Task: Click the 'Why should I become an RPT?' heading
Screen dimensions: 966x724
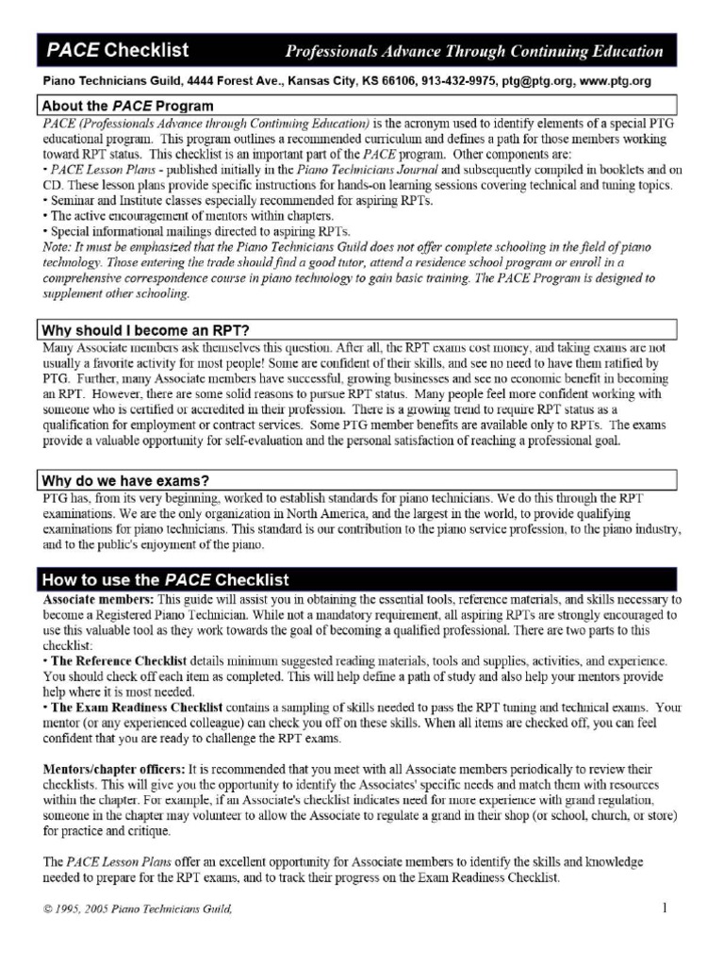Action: [144, 330]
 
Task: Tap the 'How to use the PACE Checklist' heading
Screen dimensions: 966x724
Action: [165, 579]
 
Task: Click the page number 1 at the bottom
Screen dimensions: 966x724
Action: [664, 908]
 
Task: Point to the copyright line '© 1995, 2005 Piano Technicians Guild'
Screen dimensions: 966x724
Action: [137, 909]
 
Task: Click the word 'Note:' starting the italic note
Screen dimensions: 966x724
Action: [56, 247]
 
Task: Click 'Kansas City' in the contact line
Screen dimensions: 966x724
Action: [325, 83]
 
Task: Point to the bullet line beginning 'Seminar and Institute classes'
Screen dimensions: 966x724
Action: [226, 200]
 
